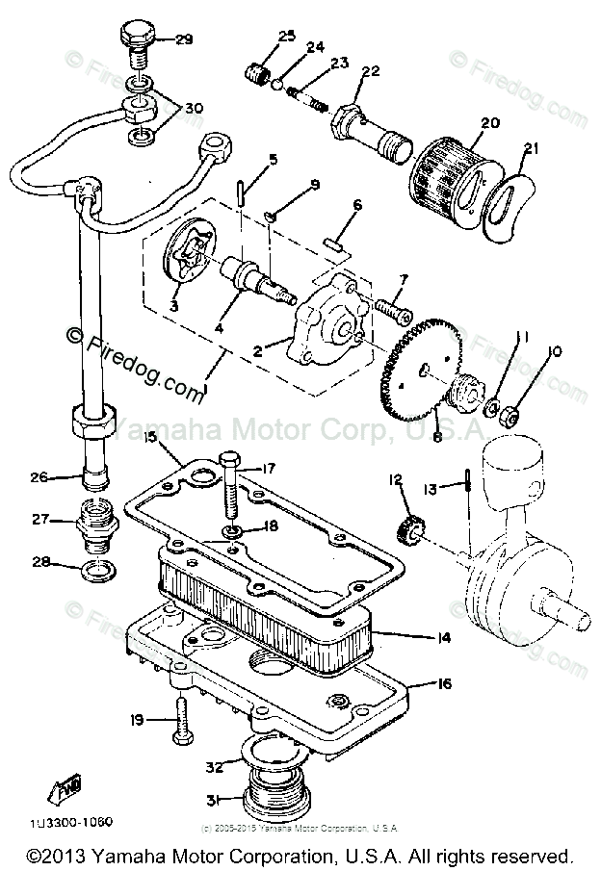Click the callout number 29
click(x=183, y=39)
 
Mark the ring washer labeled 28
click(x=95, y=575)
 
